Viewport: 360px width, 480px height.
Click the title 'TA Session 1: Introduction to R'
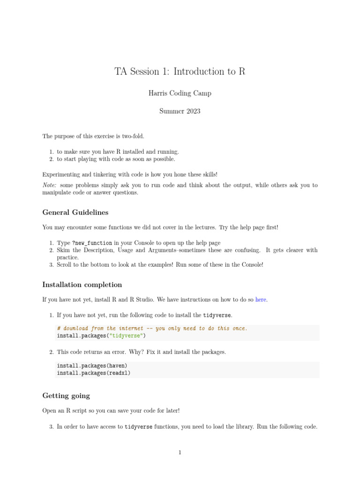(x=180, y=72)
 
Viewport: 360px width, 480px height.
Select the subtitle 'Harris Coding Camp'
(x=180, y=93)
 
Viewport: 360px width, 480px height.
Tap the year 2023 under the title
(x=191, y=111)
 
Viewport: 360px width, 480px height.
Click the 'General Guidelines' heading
(x=75, y=212)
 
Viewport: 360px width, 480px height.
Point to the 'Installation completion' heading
(x=82, y=285)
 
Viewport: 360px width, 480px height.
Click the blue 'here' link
(x=261, y=300)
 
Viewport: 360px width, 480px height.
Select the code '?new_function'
(x=92, y=243)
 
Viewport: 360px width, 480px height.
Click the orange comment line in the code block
(x=151, y=329)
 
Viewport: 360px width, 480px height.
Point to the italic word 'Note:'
(x=50, y=185)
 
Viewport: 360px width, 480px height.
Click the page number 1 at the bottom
(x=180, y=452)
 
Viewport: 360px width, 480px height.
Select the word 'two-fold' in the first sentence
(x=134, y=136)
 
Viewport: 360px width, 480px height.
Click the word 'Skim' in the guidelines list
(x=64, y=250)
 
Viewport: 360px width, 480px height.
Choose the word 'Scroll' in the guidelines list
(x=65, y=264)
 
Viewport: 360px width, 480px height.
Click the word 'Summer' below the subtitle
(x=170, y=111)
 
